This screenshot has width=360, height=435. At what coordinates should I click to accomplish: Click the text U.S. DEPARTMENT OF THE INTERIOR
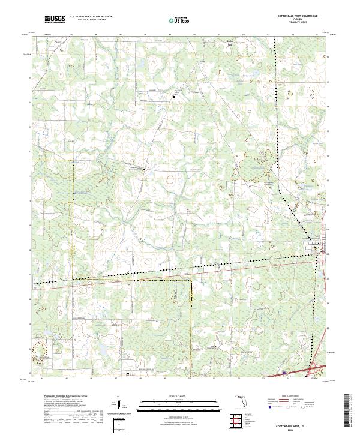(x=91, y=17)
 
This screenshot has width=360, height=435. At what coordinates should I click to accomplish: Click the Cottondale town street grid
(x=317, y=245)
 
